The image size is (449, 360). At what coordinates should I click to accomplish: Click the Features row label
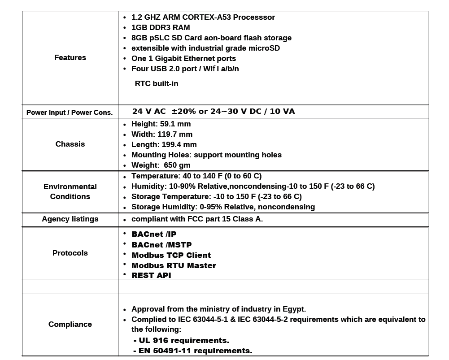(70, 57)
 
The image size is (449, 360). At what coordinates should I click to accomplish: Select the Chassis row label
(70, 144)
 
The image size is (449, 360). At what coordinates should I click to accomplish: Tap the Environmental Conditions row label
(70, 191)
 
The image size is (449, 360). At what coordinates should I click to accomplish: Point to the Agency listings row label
(70, 219)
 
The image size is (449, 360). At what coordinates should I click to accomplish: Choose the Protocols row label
(70, 253)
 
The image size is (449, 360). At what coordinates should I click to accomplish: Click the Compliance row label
(70, 324)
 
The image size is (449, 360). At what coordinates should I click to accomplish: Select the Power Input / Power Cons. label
(70, 112)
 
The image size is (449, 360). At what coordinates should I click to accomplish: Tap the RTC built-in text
(156, 83)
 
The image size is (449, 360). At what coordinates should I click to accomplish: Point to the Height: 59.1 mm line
(161, 124)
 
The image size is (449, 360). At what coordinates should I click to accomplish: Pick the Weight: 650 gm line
(161, 165)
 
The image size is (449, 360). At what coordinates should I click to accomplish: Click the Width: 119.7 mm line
(161, 134)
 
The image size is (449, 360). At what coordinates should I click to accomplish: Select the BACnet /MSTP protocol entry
(161, 245)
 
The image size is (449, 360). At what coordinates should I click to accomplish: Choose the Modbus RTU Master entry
(174, 265)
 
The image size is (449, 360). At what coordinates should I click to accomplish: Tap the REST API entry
(151, 275)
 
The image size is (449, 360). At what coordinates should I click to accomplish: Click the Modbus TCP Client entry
(171, 255)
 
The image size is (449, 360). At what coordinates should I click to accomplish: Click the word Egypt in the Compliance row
(293, 309)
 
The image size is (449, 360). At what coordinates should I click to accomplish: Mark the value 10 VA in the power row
(282, 111)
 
